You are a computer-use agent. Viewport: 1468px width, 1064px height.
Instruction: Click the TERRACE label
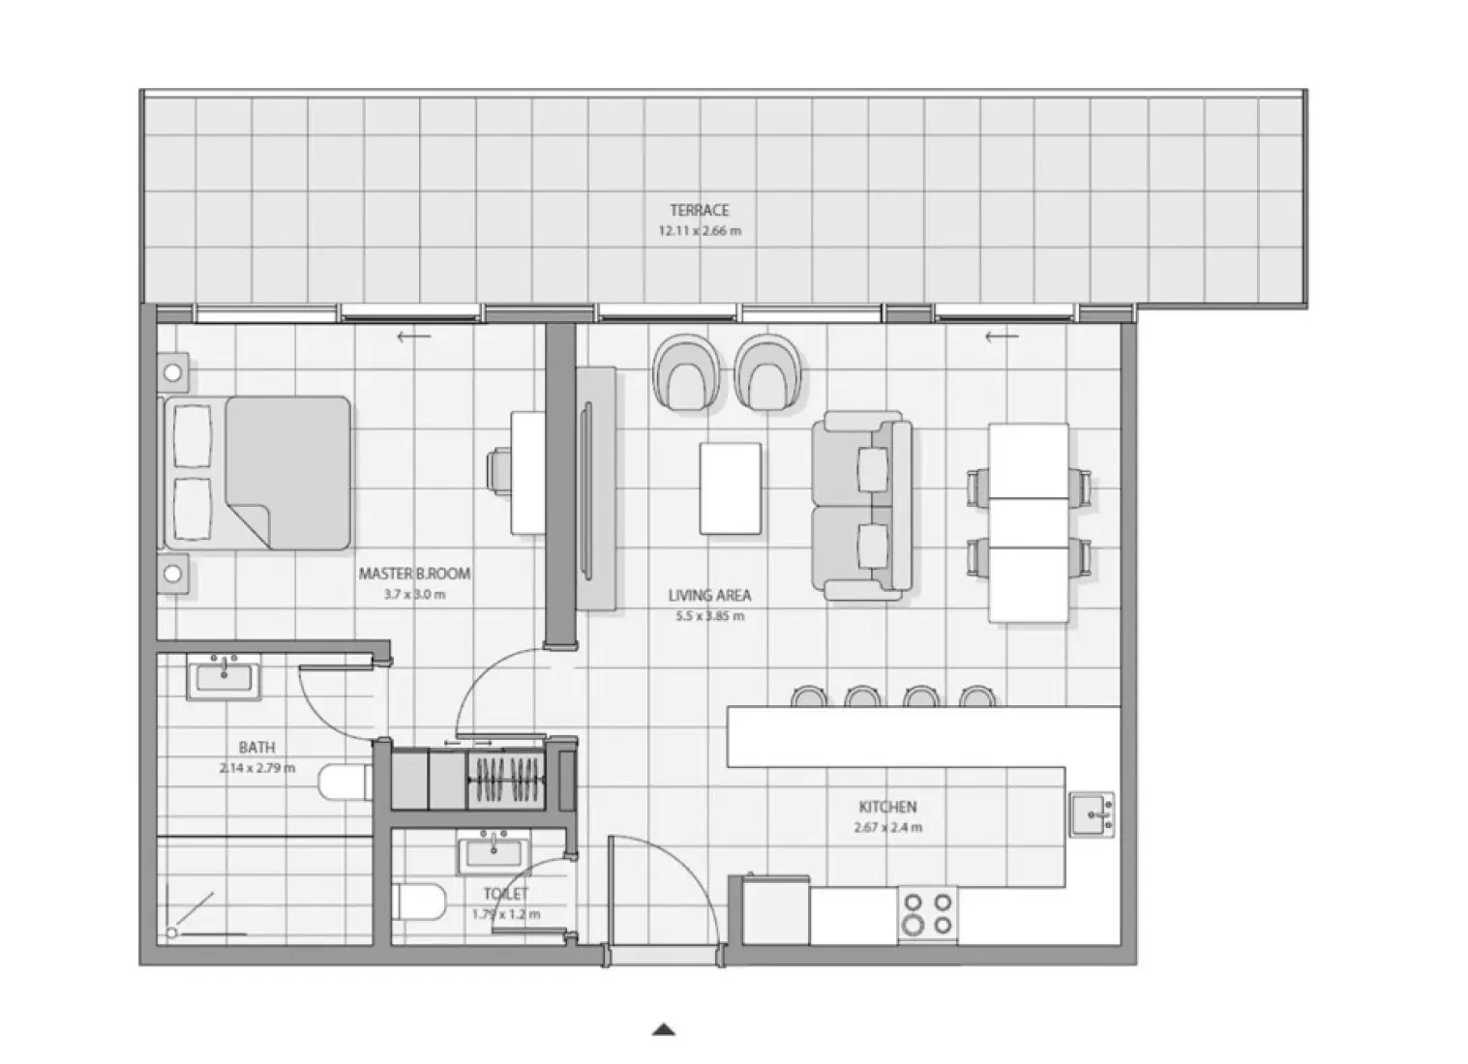699,210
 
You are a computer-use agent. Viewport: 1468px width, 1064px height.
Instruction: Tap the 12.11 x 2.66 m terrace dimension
699,231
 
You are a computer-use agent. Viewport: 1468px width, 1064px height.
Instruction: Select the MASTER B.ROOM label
414,574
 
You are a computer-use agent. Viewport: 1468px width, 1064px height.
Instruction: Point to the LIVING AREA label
709,596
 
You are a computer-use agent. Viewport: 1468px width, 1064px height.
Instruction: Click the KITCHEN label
887,807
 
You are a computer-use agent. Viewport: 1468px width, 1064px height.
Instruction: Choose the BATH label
256,748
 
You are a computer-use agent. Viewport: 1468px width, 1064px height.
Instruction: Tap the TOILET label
506,895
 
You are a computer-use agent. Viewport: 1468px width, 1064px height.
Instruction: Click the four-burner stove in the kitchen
927,914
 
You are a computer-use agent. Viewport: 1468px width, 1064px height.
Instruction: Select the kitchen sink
1092,814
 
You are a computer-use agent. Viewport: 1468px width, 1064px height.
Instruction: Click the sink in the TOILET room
494,853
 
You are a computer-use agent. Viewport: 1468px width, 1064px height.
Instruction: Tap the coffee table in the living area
730,488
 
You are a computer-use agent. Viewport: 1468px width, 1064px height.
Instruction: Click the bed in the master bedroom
259,473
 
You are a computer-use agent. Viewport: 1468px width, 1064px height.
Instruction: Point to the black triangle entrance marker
663,1029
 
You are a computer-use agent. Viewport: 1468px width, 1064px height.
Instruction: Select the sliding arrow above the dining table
1002,337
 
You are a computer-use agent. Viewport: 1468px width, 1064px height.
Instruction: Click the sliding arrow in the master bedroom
414,337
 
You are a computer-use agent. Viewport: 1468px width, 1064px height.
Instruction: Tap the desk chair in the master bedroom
500,471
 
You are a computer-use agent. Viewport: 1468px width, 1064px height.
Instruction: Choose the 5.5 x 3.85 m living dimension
709,616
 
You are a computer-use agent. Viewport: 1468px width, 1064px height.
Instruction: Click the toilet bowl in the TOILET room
420,901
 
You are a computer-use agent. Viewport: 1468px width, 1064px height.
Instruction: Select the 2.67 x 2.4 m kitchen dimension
887,828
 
